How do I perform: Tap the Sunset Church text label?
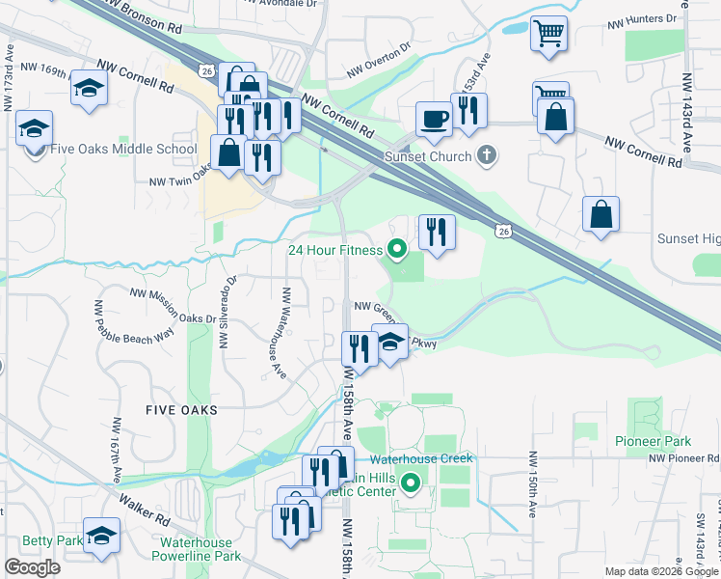(428, 156)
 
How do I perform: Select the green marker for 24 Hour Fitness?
(396, 250)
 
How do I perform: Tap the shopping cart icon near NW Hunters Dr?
(548, 33)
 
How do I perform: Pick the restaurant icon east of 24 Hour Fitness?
(437, 232)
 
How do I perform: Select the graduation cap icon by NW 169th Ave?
(89, 88)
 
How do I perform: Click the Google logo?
(32, 567)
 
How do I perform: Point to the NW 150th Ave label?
(531, 483)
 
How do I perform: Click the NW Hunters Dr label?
(645, 19)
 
